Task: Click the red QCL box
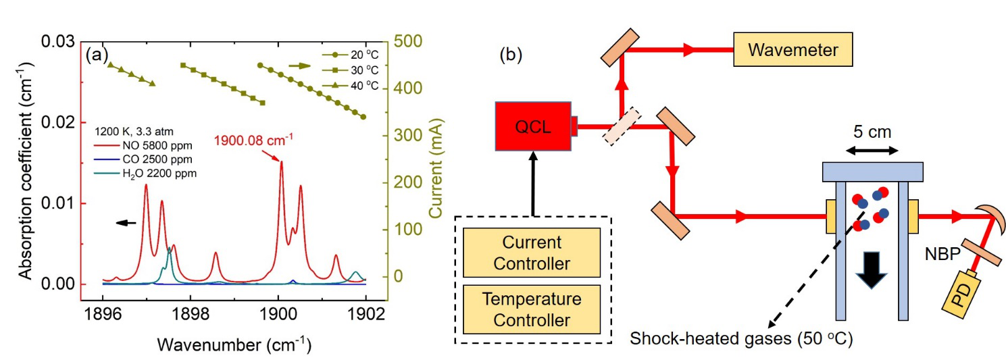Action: tap(533, 126)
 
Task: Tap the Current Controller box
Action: tap(532, 252)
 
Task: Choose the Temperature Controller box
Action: tap(532, 309)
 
